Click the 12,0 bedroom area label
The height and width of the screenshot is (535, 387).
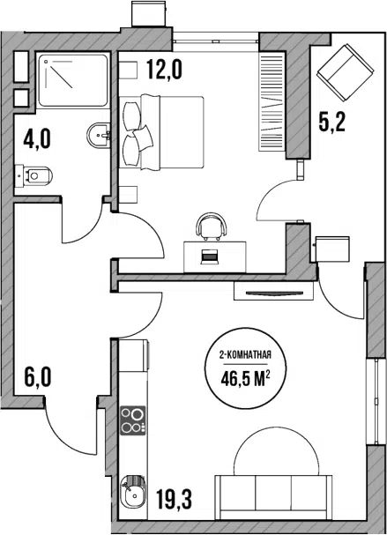(x=165, y=69)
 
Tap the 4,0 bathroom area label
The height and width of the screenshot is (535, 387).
(x=37, y=139)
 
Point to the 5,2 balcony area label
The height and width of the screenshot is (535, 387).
(x=332, y=122)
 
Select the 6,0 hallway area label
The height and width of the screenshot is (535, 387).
(x=38, y=376)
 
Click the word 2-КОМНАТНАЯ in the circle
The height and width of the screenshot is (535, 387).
(x=245, y=356)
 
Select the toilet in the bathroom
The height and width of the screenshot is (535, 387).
(x=33, y=175)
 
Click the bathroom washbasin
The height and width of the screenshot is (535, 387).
(x=99, y=136)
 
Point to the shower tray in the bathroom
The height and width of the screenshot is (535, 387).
(x=73, y=80)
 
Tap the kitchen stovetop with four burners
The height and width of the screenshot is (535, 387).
(x=133, y=420)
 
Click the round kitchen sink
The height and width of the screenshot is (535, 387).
(x=133, y=492)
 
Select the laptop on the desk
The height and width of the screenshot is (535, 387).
(x=209, y=256)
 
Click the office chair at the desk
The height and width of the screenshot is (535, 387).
(x=212, y=226)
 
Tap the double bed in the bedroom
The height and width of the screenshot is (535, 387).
(x=161, y=132)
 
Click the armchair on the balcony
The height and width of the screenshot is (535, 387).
(x=346, y=73)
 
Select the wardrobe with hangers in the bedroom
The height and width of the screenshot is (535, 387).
(x=272, y=101)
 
